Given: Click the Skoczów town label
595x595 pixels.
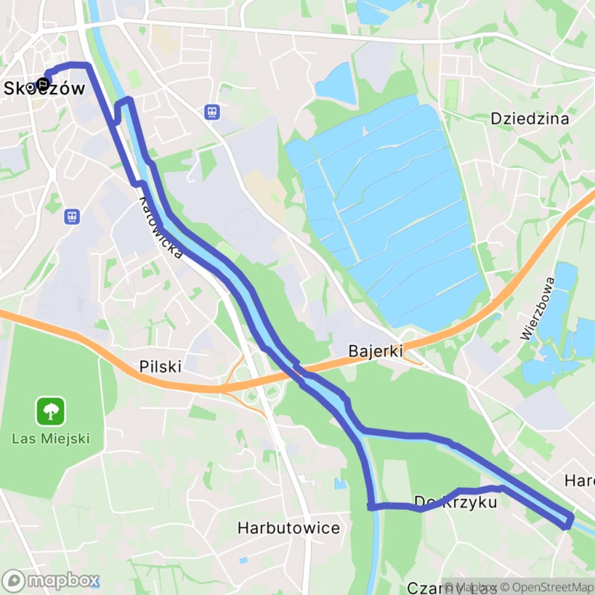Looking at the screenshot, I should [x=45, y=88].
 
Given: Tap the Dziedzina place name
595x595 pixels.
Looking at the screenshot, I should [x=530, y=118].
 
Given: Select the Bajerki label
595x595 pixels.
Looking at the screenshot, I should [x=376, y=350].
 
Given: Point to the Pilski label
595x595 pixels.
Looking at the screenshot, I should [x=160, y=367].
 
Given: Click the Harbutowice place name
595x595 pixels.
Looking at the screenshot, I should [x=289, y=528].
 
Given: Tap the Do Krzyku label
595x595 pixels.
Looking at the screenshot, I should [x=455, y=503].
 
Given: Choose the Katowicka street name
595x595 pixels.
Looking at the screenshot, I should [x=161, y=228].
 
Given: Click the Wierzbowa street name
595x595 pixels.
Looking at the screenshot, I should [x=538, y=309].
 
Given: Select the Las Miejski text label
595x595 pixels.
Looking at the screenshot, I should [x=51, y=437].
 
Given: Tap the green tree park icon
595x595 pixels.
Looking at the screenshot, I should [x=51, y=411].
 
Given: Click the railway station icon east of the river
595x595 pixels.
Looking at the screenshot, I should [x=213, y=112].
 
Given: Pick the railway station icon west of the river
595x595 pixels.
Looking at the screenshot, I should [x=72, y=216].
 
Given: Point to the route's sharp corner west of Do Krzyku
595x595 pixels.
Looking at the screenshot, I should [x=370, y=506].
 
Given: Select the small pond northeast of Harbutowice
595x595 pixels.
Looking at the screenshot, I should [x=340, y=484].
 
